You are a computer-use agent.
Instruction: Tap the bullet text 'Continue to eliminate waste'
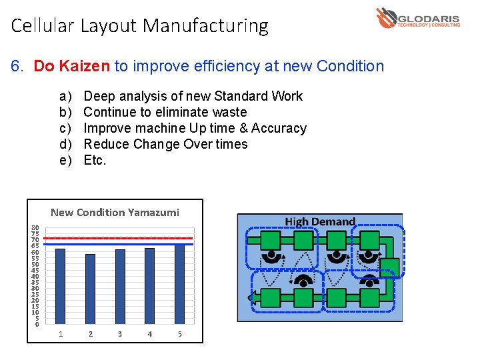[165, 112]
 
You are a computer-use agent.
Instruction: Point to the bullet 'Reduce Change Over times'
[165, 144]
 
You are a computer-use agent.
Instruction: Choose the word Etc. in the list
[95, 160]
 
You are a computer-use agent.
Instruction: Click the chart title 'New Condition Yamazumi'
[115, 213]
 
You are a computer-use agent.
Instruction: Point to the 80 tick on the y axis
[35, 228]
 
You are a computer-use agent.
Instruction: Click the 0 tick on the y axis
[37, 324]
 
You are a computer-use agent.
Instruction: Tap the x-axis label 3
[120, 334]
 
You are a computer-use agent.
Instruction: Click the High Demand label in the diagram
[320, 221]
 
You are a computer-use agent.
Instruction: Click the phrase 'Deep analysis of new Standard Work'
[193, 96]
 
